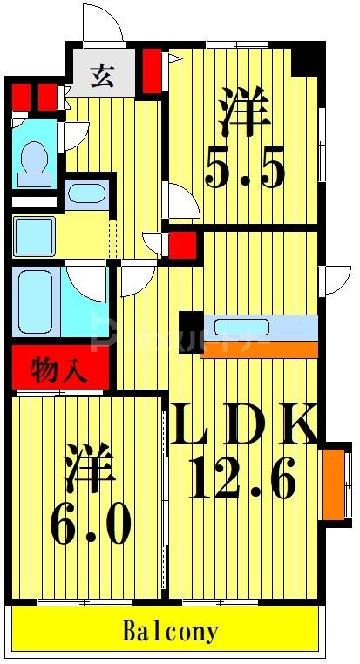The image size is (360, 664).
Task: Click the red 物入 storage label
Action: [59, 370]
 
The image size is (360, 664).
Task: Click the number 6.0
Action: [90, 524]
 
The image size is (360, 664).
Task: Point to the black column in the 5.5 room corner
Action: [305, 58]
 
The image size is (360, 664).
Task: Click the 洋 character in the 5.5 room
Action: [243, 113]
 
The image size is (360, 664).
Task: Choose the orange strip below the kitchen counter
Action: [259, 349]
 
